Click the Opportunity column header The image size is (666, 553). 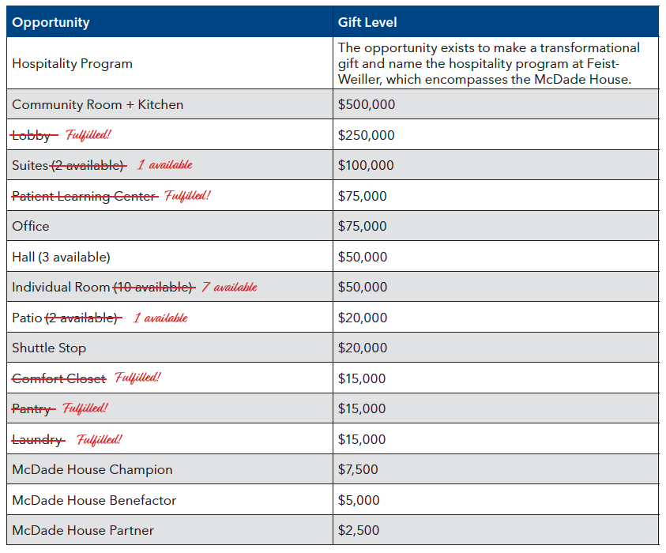click(x=51, y=23)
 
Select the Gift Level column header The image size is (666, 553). click(x=368, y=23)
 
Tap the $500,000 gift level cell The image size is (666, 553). click(x=367, y=104)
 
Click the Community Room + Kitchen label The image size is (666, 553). click(x=97, y=104)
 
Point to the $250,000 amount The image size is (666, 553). click(x=367, y=135)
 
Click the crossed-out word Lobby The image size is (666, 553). click(x=32, y=135)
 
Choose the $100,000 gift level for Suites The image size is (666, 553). click(x=366, y=165)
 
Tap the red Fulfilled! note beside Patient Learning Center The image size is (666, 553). click(x=187, y=195)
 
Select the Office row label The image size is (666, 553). click(x=31, y=226)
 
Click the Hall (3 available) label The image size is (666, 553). click(x=61, y=257)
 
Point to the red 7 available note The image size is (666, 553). click(x=229, y=287)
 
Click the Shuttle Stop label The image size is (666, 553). click(x=49, y=348)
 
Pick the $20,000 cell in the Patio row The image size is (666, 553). click(x=363, y=318)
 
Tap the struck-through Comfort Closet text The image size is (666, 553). click(x=59, y=378)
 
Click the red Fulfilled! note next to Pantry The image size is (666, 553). click(x=85, y=408)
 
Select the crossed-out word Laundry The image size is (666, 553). click(x=38, y=439)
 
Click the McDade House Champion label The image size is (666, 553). click(x=92, y=469)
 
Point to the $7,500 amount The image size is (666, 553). click(x=358, y=469)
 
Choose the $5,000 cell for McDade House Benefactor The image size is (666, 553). click(x=359, y=500)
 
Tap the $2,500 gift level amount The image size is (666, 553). click(x=359, y=530)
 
